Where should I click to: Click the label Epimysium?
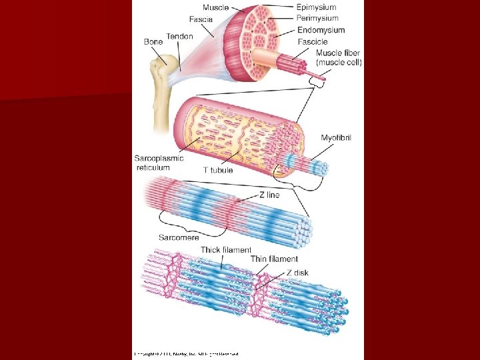(x=316, y=7)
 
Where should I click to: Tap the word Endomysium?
(x=321, y=30)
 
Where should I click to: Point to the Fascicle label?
(x=312, y=41)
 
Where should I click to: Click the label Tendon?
(x=179, y=36)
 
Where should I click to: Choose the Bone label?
(x=153, y=42)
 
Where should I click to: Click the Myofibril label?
(x=336, y=138)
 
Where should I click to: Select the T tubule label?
(x=218, y=170)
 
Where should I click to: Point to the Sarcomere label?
(x=179, y=237)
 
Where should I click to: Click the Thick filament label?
(x=226, y=250)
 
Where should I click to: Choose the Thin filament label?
(x=274, y=259)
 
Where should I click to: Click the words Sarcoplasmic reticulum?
(x=159, y=163)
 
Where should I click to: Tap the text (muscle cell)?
(x=339, y=62)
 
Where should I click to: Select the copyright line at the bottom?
(x=186, y=354)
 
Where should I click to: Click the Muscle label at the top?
(x=215, y=7)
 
